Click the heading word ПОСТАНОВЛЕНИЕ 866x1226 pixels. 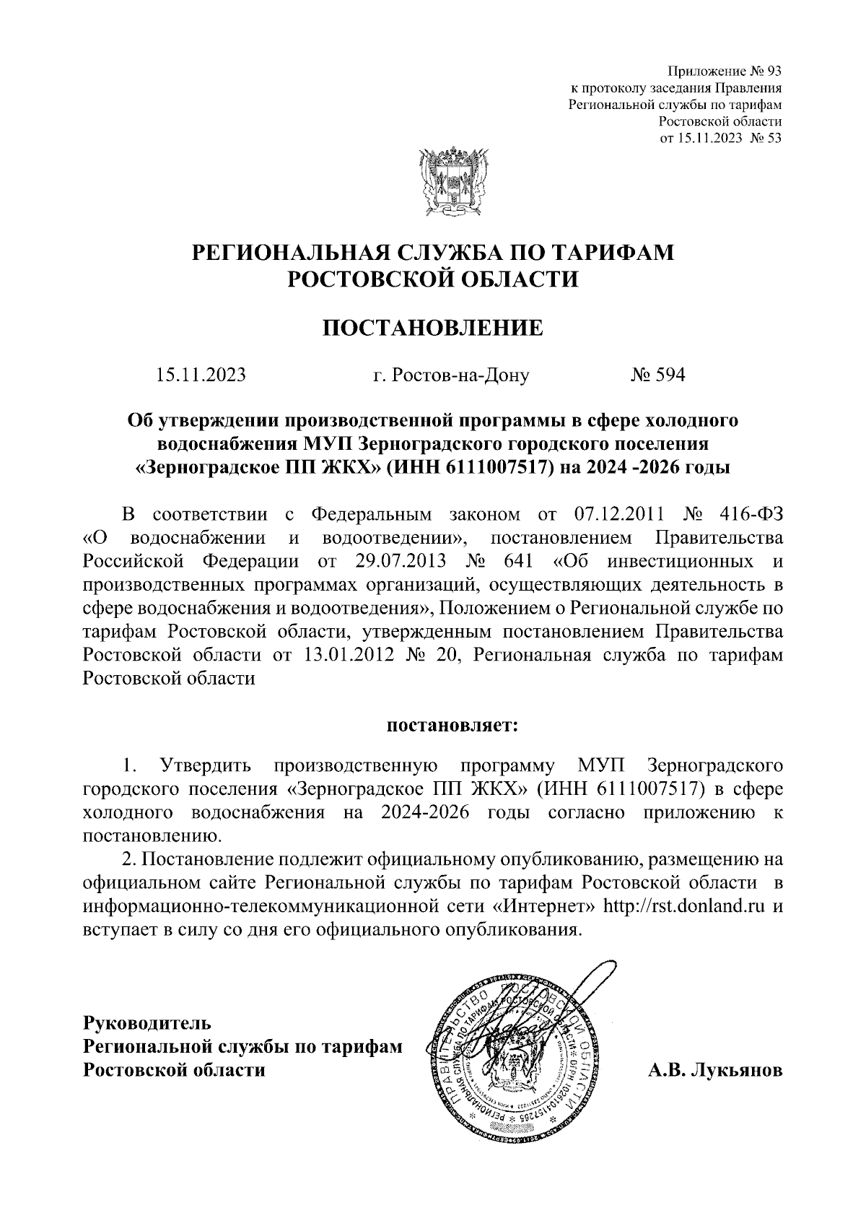433,329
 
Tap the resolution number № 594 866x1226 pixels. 657,375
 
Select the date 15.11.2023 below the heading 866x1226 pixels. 201,375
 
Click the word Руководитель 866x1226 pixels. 148,1023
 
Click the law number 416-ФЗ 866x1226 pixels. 751,514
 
